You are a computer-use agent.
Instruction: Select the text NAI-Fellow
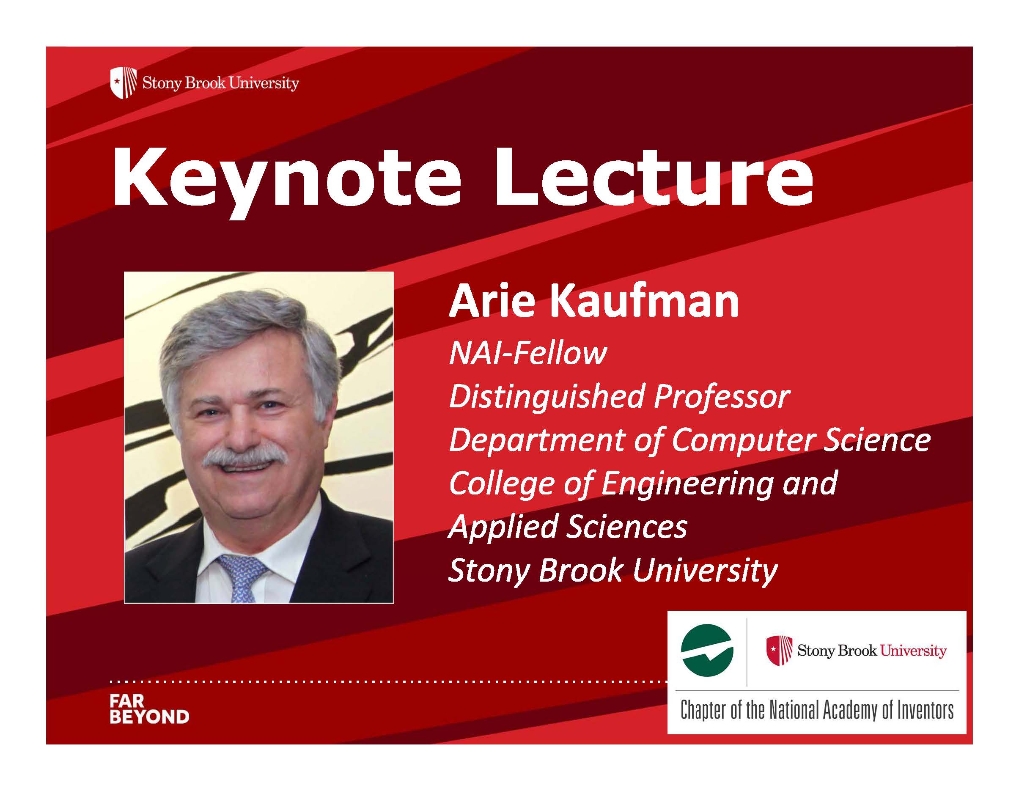tap(528, 353)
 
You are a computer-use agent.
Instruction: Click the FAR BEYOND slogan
tap(149, 709)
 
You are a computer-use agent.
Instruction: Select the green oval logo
tap(707, 651)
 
